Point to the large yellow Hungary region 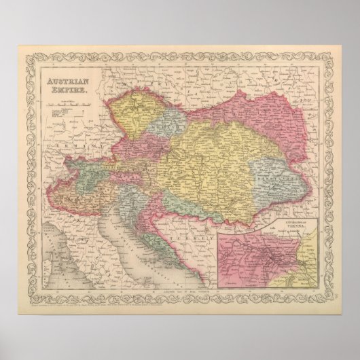(204, 170)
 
